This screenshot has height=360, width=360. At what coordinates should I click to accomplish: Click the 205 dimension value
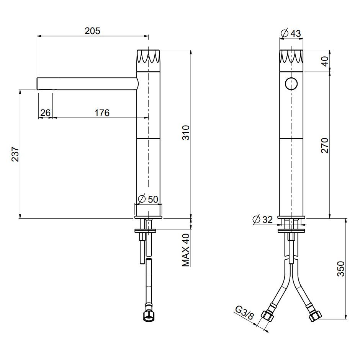click(x=92, y=31)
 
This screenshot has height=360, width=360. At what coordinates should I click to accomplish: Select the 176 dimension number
click(x=102, y=113)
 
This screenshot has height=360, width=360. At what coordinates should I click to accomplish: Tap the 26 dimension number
click(x=45, y=113)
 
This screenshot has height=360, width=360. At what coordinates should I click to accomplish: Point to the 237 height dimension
click(x=15, y=154)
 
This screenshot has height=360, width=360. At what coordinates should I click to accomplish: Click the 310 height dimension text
click(x=186, y=133)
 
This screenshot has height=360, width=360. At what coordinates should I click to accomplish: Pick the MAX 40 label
click(x=186, y=250)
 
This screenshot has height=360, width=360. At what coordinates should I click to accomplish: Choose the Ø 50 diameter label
click(x=148, y=199)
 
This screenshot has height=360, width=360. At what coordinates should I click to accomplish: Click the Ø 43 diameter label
click(x=291, y=33)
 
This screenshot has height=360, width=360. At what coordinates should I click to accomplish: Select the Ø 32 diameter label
click(x=263, y=219)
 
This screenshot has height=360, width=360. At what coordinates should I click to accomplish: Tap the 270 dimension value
click(x=325, y=145)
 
